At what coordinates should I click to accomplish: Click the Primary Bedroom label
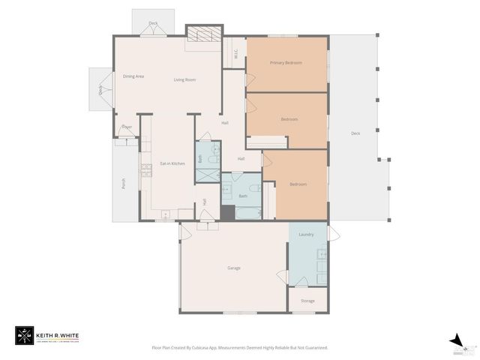click(x=286, y=63)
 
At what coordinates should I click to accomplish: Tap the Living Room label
click(x=184, y=79)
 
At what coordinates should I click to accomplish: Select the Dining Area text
click(x=133, y=76)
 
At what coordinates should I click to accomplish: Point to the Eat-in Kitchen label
click(x=172, y=163)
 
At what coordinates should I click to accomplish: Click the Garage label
click(x=234, y=268)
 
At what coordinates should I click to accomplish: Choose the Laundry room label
click(x=306, y=235)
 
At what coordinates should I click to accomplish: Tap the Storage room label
click(x=307, y=301)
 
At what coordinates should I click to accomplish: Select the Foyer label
click(x=127, y=127)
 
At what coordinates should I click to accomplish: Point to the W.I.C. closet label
click(x=235, y=53)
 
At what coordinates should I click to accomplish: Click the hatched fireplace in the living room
click(x=203, y=34)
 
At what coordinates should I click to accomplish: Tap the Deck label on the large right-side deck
click(x=355, y=133)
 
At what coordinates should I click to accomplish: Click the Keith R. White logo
click(x=46, y=336)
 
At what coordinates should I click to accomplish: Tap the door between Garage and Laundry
click(x=283, y=275)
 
